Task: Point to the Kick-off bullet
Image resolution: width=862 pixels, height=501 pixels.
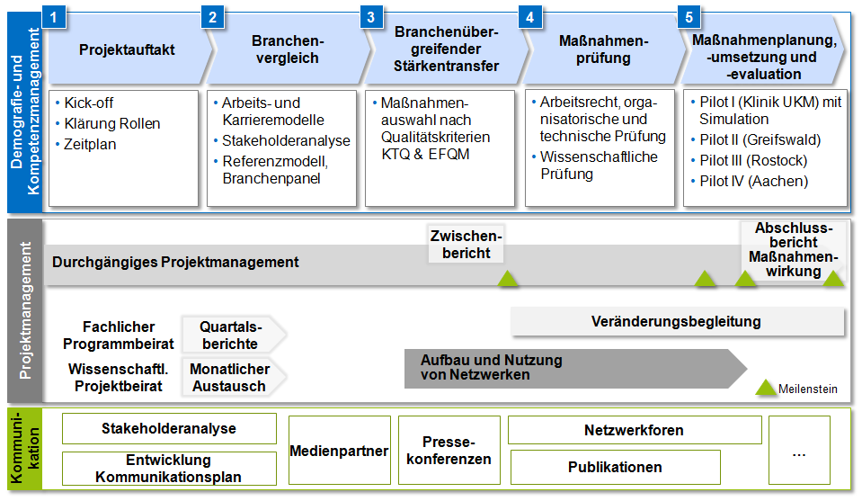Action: (x=89, y=103)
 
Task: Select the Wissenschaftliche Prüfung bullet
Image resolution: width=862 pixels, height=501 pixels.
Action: (x=599, y=165)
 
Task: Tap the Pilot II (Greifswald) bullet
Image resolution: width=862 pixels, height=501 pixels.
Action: (x=760, y=139)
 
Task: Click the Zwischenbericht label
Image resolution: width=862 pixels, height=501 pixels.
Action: (x=466, y=244)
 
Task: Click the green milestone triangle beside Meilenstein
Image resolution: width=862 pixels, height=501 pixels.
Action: (x=766, y=388)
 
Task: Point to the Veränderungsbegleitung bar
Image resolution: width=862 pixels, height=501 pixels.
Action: (x=677, y=321)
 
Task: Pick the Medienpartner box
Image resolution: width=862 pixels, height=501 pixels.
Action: (x=340, y=451)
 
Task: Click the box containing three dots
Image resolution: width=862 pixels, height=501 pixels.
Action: (x=799, y=451)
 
